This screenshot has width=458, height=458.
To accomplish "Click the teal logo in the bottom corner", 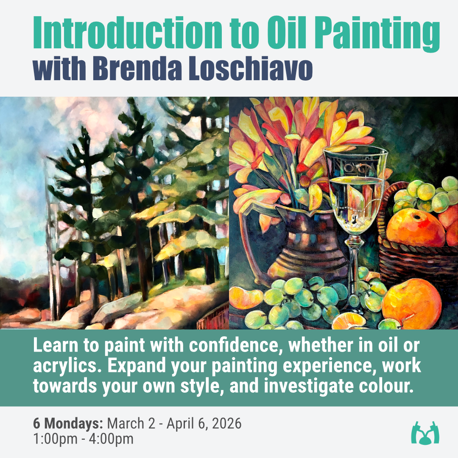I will point(425,433).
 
